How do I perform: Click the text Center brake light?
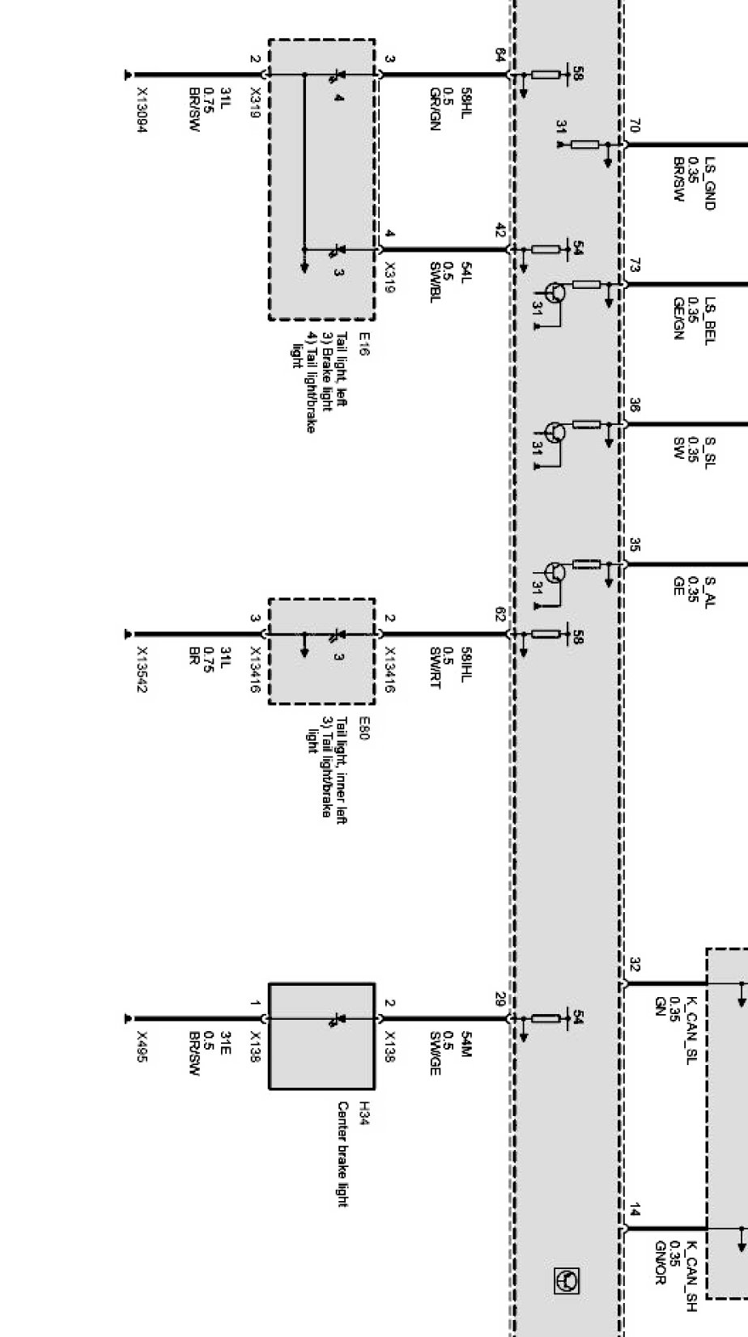(342, 1153)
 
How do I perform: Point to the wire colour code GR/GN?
(435, 109)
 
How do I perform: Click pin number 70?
(634, 125)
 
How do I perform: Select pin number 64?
(500, 55)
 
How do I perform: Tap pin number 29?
(500, 999)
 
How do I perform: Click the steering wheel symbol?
(566, 1280)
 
